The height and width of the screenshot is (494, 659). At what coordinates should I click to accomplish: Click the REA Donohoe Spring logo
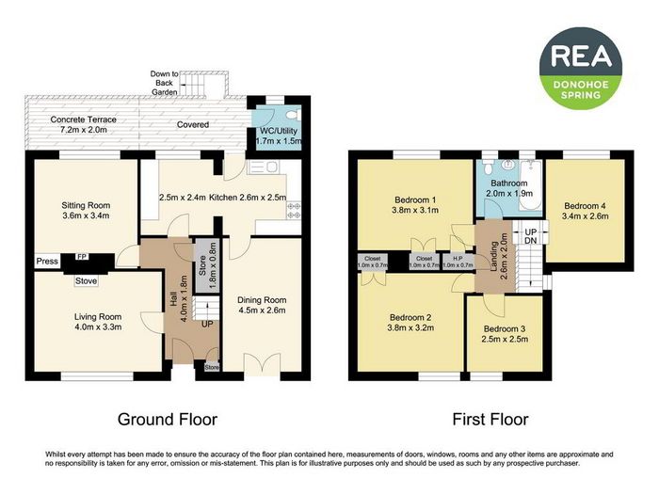pos(581,68)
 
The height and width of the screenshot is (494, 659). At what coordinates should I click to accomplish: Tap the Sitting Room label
pos(86,205)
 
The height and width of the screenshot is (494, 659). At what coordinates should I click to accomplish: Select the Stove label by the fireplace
pos(86,280)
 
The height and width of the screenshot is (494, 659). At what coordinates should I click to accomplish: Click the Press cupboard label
pos(47,262)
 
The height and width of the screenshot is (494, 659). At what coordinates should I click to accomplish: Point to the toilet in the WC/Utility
pos(296,114)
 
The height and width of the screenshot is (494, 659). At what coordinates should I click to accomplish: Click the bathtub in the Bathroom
pos(530,185)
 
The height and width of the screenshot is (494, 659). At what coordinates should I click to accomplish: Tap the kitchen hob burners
pos(294,211)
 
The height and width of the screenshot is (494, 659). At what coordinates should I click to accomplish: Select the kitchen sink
pos(263,167)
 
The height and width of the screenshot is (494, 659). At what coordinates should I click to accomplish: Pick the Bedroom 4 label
pos(585,206)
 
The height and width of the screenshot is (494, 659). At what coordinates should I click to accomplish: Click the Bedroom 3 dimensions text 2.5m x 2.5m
pos(505,339)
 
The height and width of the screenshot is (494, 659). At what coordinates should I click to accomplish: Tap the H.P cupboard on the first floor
pos(458,262)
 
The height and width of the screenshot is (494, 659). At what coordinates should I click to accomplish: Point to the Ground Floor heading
pos(168,420)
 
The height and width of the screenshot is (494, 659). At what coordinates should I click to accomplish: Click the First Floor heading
pos(490,420)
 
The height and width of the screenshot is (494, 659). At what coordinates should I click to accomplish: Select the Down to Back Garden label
pos(165,83)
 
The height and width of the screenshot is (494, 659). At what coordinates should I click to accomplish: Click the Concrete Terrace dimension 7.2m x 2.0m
pos(83,130)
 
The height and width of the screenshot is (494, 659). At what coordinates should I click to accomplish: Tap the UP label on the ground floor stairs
pos(207,325)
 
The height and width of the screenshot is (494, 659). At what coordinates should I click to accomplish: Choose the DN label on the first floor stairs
pos(531,241)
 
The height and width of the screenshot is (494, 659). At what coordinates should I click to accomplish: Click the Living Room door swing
pos(152,323)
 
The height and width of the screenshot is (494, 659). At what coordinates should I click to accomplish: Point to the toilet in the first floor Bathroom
pos(488,167)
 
